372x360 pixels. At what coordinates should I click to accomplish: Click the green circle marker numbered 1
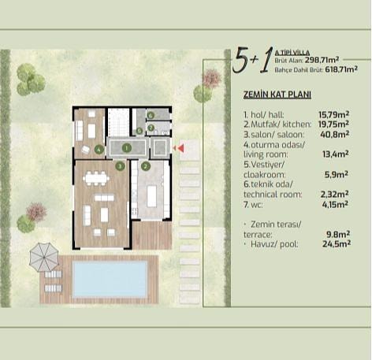pyautogui.click(x=127, y=148)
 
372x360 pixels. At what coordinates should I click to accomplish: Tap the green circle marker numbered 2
pyautogui.click(x=146, y=166)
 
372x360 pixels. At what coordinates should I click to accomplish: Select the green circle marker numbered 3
pyautogui.click(x=120, y=166)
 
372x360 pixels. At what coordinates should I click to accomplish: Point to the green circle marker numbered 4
pyautogui.click(x=99, y=150)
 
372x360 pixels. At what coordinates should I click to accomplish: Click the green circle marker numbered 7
pyautogui.click(x=151, y=128)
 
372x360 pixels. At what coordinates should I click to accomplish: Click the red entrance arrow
pyautogui.click(x=180, y=149)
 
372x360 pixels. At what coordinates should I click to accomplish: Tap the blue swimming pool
pyautogui.click(x=110, y=279)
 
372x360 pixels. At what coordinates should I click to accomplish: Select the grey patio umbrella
pyautogui.click(x=44, y=257)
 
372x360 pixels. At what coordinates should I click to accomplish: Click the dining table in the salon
pyautogui.click(x=96, y=179)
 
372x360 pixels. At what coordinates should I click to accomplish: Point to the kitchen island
pyautogui.click(x=151, y=196)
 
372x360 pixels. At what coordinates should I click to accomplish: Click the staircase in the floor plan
pyautogui.click(x=118, y=122)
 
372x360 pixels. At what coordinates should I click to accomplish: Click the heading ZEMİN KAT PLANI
pyautogui.click(x=277, y=95)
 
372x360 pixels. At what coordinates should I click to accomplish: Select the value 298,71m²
pyautogui.click(x=322, y=60)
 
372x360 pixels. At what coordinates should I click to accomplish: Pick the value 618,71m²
pyautogui.click(x=341, y=69)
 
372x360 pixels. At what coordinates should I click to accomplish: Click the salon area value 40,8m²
pyautogui.click(x=335, y=135)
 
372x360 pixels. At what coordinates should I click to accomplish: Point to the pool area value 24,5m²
pyautogui.click(x=337, y=244)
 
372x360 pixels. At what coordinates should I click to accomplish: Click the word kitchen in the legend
pyautogui.click(x=297, y=124)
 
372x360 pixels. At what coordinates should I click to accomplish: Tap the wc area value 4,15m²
pyautogui.click(x=335, y=204)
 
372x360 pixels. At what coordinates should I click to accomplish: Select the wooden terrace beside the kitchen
pyautogui.click(x=152, y=236)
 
